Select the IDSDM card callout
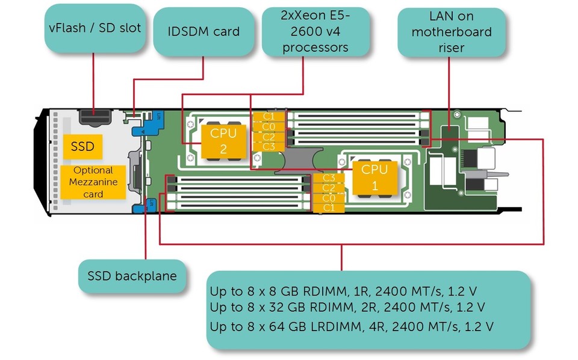[x=203, y=31]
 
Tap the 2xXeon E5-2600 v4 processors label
[x=315, y=32]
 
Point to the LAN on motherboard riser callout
[x=451, y=33]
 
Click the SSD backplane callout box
[x=132, y=276]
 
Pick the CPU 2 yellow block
[x=223, y=140]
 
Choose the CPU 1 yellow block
[x=374, y=178]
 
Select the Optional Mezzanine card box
[x=93, y=182]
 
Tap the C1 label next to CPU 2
[x=269, y=116]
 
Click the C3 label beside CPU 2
[x=269, y=146]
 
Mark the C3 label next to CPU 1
[x=329, y=178]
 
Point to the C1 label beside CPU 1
[x=329, y=207]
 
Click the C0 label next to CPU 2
[x=269, y=126]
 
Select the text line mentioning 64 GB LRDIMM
[x=352, y=327]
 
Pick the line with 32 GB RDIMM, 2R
[x=347, y=307]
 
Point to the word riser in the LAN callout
[x=451, y=47]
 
